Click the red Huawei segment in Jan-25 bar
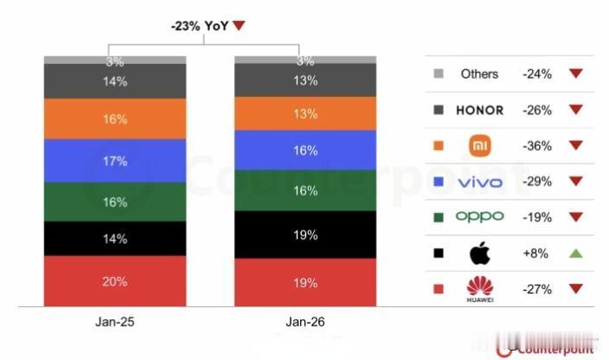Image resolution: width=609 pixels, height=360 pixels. pos(115,280)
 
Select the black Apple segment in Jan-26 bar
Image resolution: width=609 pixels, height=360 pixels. pos(305,234)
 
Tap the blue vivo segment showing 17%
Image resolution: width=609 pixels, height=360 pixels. pos(115,160)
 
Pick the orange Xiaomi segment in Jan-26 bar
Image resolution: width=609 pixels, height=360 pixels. pos(305,113)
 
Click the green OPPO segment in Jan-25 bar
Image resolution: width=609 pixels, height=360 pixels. pos(115,202)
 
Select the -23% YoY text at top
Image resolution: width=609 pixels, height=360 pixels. pos(201,26)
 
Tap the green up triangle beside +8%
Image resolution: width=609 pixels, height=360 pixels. pos(575,254)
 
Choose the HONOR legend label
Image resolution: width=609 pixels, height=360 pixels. pos(479,110)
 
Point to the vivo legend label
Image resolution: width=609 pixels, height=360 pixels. pos(479,182)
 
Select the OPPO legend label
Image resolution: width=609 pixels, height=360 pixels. pos(479,217)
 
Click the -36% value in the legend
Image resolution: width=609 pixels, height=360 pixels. pos(536,146)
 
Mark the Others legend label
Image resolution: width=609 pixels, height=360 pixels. pos(479,74)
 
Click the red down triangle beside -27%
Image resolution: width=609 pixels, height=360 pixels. pos(575,289)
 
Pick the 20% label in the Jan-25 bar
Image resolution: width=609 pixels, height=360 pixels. pos(115,281)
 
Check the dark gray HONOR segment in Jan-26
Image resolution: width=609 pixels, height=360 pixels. pos(305,80)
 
